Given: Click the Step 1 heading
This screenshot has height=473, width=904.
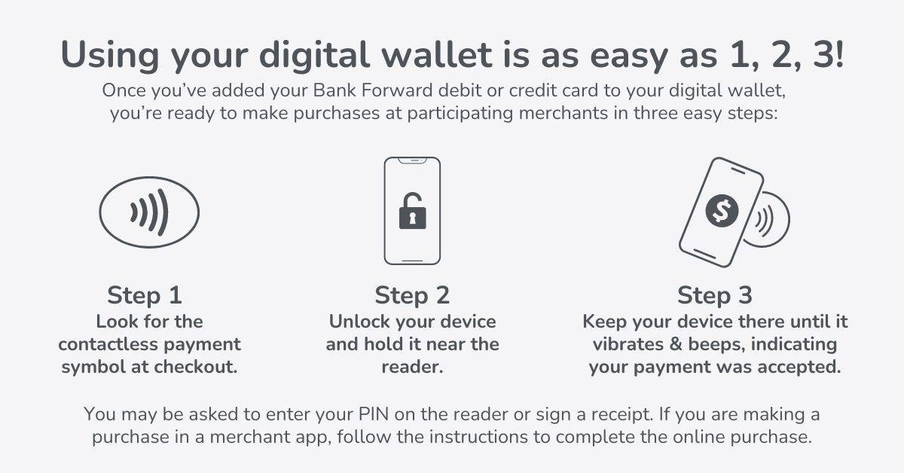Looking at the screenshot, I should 145,294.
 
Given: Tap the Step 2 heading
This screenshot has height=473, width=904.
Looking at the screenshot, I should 412,294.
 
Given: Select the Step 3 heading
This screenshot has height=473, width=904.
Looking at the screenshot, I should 715,294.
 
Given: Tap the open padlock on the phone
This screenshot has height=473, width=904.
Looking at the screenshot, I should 412,214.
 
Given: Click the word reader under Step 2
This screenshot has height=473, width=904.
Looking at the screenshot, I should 412,368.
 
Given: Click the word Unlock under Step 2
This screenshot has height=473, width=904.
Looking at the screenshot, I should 357,322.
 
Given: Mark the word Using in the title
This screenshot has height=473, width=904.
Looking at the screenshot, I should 108,56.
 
